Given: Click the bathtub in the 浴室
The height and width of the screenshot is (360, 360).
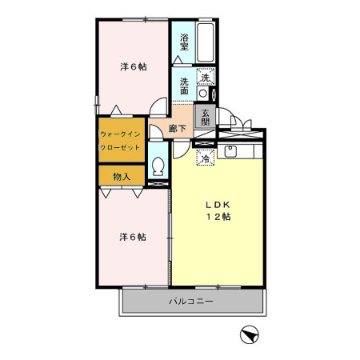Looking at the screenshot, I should point(206,47).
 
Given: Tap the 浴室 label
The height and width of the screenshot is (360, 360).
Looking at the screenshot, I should point(184,42).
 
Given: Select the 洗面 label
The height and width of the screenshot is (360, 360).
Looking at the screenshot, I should point(184,85).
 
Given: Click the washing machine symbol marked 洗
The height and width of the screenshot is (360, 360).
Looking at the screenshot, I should point(206,78).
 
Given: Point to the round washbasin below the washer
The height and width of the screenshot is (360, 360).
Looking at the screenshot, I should point(203,94).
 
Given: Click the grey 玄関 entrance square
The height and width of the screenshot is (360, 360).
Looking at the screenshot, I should point(206,117).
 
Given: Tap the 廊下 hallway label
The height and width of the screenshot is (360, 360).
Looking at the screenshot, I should point(178,129).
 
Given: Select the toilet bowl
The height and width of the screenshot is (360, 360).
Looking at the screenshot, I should point(158,168).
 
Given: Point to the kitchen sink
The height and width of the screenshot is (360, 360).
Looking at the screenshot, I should point(233,150).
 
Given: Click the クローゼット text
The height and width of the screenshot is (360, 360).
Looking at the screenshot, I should point(121,149).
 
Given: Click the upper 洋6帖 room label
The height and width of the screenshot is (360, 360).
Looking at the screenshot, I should point(133,66).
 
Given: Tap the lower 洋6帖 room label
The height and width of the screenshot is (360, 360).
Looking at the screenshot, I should point(133,237).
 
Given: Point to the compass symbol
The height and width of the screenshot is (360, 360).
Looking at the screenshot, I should point(249,334).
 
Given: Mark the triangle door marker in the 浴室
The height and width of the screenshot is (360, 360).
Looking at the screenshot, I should point(177,59).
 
